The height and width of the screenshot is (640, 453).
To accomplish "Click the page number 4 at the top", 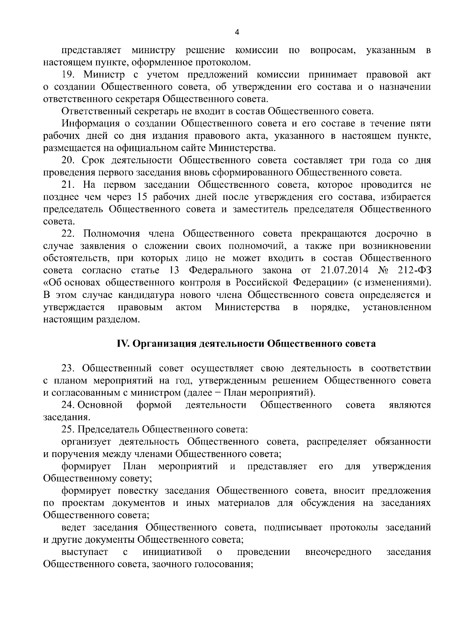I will tap(237, 33).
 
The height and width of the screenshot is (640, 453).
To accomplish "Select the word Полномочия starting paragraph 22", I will tap(111, 233).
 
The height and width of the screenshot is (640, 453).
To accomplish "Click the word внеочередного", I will tap(338, 552).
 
